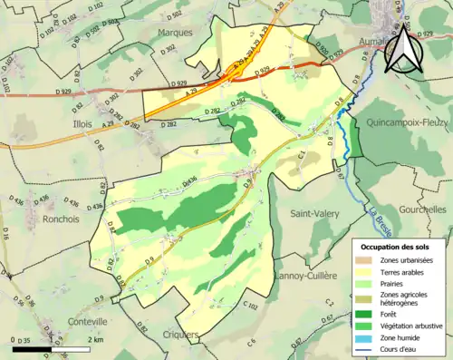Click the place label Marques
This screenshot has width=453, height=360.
[x=176, y=32]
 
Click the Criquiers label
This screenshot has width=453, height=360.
[x=178, y=336]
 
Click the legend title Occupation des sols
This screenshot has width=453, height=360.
[x=397, y=247]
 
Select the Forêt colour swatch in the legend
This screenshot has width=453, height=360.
[x=371, y=313]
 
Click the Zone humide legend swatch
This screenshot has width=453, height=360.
[x=371, y=339]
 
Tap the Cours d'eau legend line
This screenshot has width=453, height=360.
[x=371, y=352]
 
